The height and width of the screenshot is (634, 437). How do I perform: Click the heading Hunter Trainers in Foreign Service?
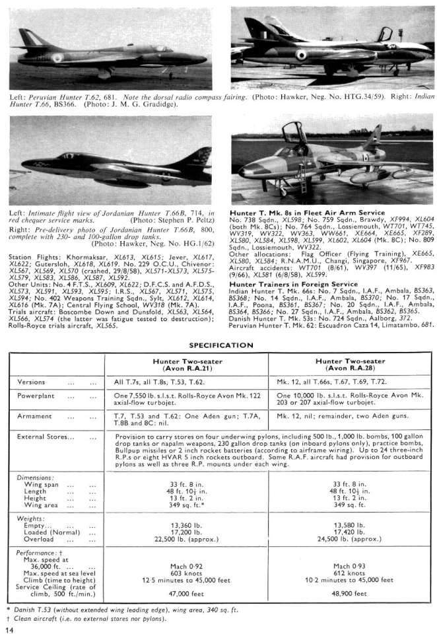tap(294, 283)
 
